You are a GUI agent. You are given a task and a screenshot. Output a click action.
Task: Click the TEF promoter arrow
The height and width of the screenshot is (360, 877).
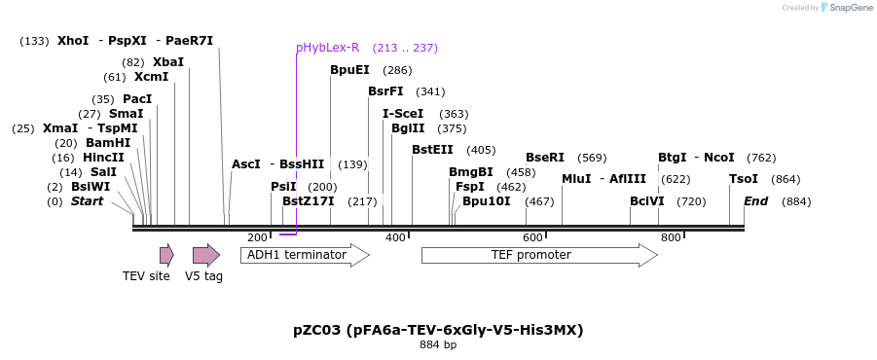538,255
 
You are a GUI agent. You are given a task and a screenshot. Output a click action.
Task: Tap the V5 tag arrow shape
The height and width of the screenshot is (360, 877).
205,255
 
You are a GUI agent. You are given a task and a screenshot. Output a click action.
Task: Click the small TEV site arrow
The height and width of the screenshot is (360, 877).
166,255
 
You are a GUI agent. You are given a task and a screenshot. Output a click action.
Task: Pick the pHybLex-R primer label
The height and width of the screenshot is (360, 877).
327,48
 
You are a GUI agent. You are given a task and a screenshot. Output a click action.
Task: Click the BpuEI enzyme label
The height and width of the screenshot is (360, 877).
349,70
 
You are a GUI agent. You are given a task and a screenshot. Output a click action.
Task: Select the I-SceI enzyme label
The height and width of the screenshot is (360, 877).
402,114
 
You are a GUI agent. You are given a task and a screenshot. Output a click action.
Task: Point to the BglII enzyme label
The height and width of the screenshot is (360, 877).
408,128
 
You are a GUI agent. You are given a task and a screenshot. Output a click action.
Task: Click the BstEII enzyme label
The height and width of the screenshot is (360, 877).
432,150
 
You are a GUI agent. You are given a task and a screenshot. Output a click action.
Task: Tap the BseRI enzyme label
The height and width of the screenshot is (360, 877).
545,158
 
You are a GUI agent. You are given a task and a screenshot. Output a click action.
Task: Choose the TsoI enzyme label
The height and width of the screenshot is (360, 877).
744,179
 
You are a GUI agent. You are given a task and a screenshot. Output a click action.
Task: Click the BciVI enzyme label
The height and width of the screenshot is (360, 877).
647,201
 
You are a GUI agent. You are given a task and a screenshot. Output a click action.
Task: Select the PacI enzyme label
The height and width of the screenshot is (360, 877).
137,99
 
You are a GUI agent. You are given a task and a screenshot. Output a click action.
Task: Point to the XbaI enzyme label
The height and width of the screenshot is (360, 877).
167,62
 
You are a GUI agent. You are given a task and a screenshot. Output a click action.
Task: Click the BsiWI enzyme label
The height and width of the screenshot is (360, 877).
91,187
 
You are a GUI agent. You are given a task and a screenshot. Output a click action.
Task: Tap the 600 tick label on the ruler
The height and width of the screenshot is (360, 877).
531,238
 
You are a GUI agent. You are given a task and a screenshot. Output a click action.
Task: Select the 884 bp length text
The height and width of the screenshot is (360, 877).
438,345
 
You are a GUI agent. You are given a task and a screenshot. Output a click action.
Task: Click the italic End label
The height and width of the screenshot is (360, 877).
755,201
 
